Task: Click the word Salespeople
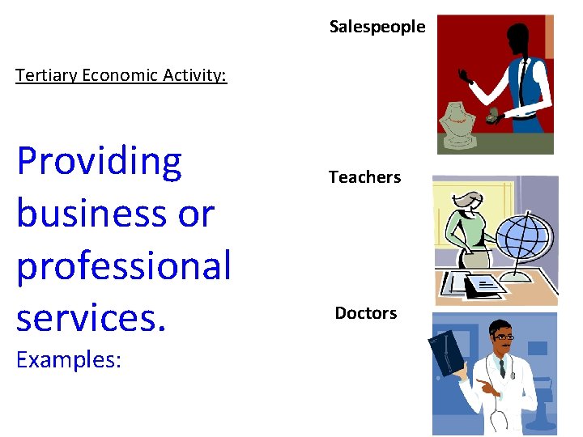[377, 27]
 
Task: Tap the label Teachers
[364, 177]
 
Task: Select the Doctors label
[366, 313]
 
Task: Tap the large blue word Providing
[99, 162]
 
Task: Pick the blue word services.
[91, 317]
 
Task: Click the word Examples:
[69, 359]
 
